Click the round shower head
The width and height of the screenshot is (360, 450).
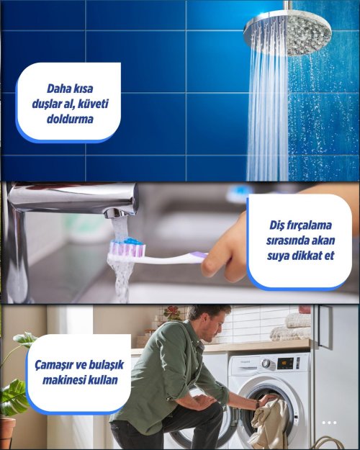click(287, 33)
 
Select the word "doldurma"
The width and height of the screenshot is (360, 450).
click(70, 119)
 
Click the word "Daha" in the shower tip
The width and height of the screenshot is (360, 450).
click(58, 89)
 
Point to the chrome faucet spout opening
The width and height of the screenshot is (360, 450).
click(119, 214)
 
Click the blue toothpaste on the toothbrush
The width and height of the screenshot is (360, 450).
click(132, 241)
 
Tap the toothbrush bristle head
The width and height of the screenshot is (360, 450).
click(127, 249)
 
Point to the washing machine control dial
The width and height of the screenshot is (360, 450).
click(266, 364)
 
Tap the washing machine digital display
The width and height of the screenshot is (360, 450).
click(285, 364)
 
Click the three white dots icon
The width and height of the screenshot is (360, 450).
click(329, 423)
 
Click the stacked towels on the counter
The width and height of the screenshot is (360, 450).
click(291, 327)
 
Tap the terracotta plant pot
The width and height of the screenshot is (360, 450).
click(7, 433)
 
